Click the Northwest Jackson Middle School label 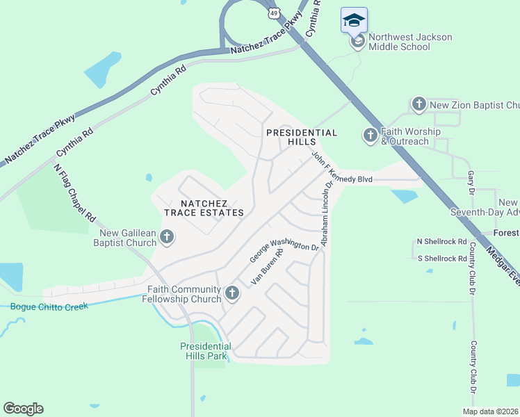click(x=409, y=42)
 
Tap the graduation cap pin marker click(x=354, y=20)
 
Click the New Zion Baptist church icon click(x=419, y=105)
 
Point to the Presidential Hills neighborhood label click(x=301, y=137)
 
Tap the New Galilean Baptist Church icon click(x=166, y=237)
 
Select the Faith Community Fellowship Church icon click(x=232, y=293)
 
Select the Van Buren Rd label click(x=268, y=268)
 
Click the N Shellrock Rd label click(x=441, y=241)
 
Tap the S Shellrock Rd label click(x=441, y=259)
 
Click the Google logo click(x=23, y=409)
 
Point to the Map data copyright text click(x=490, y=411)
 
